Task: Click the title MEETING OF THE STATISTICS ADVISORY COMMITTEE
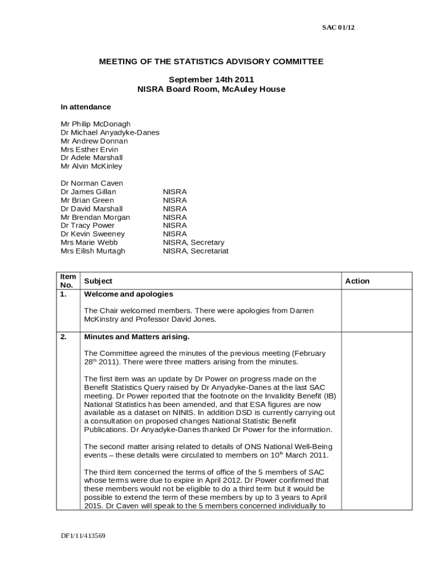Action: click(x=211, y=62)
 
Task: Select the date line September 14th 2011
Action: click(x=211, y=80)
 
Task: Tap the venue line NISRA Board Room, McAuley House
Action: click(x=211, y=89)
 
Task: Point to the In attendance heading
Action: click(x=86, y=107)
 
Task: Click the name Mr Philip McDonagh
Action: click(x=96, y=124)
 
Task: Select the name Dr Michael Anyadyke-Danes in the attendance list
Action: click(x=110, y=133)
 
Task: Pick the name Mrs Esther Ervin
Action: click(x=89, y=150)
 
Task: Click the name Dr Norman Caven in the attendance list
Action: click(x=92, y=183)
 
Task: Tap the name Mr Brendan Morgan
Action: click(x=95, y=217)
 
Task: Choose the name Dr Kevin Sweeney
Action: click(x=92, y=234)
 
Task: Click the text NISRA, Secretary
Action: click(x=193, y=242)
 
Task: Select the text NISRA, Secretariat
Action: click(x=196, y=251)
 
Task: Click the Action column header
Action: click(x=357, y=281)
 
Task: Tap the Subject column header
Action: click(x=98, y=281)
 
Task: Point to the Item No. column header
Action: click(x=68, y=281)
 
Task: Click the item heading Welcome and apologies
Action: click(x=128, y=294)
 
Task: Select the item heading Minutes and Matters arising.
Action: click(x=136, y=336)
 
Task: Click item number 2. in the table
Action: click(x=64, y=336)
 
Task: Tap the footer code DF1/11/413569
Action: click(x=83, y=536)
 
